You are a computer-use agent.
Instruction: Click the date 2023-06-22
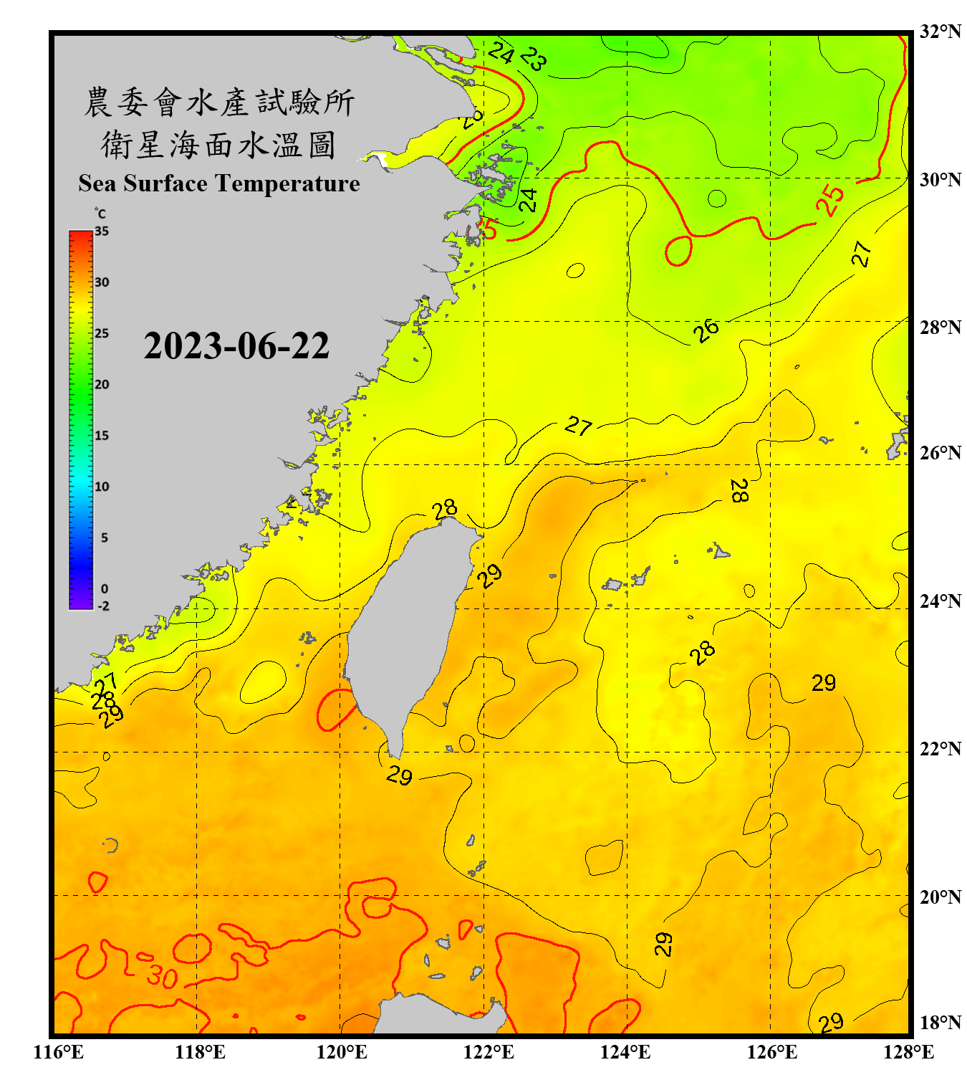point(236,345)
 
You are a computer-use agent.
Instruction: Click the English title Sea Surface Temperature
point(219,183)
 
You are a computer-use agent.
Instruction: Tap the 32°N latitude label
point(940,32)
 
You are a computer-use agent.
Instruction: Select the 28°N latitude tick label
point(940,328)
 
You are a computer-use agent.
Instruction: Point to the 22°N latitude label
point(940,749)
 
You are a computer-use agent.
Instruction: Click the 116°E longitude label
point(59,1052)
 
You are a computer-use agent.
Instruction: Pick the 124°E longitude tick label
point(625,1052)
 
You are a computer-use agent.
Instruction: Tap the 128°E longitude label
point(908,1052)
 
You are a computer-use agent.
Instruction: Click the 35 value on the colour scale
point(102,231)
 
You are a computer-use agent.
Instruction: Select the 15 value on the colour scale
point(102,436)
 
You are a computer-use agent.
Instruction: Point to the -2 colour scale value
point(103,606)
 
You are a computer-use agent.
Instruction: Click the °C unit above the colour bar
point(100,214)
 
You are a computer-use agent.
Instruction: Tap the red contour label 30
point(162,976)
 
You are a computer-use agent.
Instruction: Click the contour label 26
point(706,330)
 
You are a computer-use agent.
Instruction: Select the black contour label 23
point(534,58)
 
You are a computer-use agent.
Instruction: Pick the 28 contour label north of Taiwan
point(445,509)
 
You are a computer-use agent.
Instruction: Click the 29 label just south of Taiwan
point(399,775)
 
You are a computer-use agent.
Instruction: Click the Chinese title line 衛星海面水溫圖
point(218,145)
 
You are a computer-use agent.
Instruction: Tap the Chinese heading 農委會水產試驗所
point(219,102)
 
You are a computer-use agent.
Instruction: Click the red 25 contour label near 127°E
point(830,200)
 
